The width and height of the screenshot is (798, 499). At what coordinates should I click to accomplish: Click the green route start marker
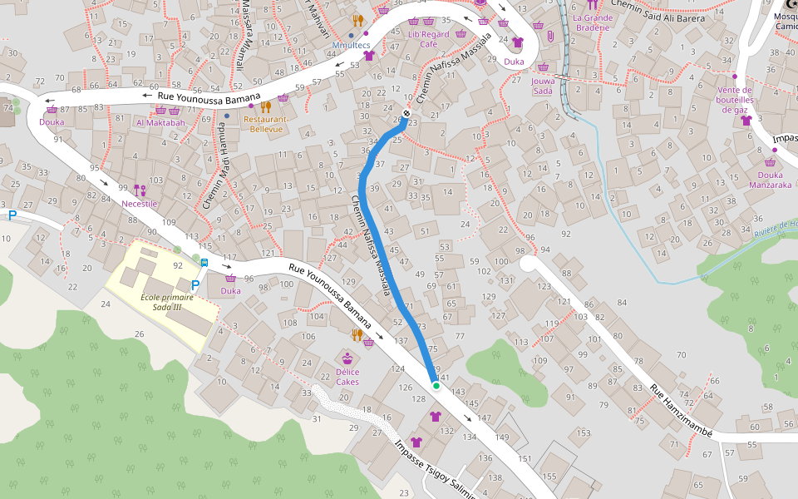[436, 385]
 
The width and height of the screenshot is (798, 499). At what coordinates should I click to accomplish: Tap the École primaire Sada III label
[161, 302]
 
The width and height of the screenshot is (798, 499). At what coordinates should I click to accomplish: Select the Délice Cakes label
[347, 378]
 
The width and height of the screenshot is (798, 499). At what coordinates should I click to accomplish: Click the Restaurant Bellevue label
[266, 124]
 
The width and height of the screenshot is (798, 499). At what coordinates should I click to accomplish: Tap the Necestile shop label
[139, 204]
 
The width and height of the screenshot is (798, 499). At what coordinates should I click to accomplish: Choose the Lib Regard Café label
[428, 39]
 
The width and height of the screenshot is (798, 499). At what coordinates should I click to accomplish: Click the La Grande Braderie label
[593, 22]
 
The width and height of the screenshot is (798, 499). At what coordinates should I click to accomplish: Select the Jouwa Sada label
[543, 86]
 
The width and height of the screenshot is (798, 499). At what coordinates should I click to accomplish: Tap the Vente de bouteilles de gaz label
[734, 100]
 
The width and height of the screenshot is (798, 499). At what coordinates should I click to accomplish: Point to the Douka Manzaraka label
[769, 180]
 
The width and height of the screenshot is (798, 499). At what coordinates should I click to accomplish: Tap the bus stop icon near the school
[204, 264]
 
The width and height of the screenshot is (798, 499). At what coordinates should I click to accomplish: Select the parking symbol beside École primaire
[195, 285]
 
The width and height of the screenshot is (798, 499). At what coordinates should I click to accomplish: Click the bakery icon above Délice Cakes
[347, 358]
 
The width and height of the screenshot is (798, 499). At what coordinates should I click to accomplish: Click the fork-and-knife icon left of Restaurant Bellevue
[265, 106]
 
